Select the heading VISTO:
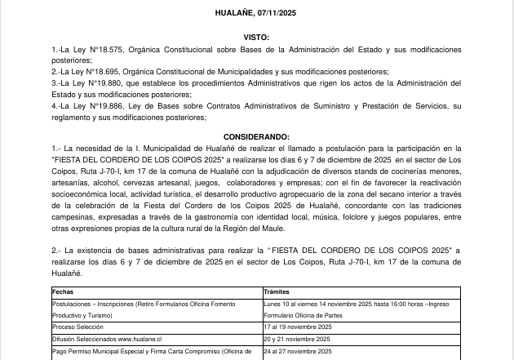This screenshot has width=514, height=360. (x=256, y=38)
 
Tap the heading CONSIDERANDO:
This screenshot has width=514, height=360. (x=256, y=136)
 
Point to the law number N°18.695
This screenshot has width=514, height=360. (x=100, y=72)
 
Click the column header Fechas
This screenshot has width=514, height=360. (x=63, y=291)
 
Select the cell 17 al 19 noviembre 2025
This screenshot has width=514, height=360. (x=297, y=327)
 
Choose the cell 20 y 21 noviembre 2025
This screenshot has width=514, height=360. (x=297, y=338)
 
